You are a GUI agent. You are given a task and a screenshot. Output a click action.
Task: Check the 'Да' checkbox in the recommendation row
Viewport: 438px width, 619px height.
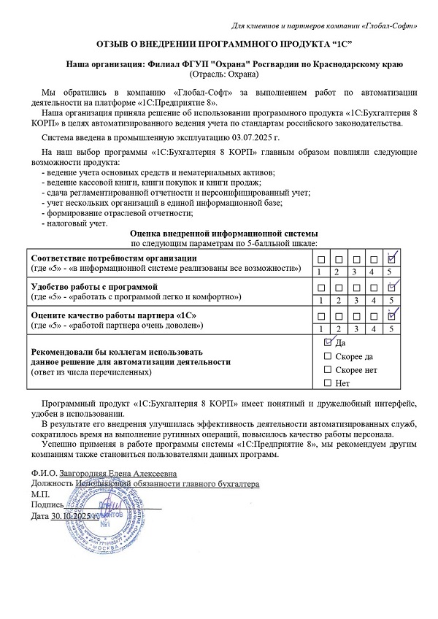[328, 342]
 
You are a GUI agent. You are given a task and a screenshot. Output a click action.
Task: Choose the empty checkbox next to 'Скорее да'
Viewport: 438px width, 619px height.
[328, 355]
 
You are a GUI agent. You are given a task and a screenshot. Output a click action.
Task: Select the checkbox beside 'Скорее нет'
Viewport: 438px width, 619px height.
[328, 369]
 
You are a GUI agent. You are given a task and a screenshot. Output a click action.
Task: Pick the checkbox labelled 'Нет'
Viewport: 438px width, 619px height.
[328, 382]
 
